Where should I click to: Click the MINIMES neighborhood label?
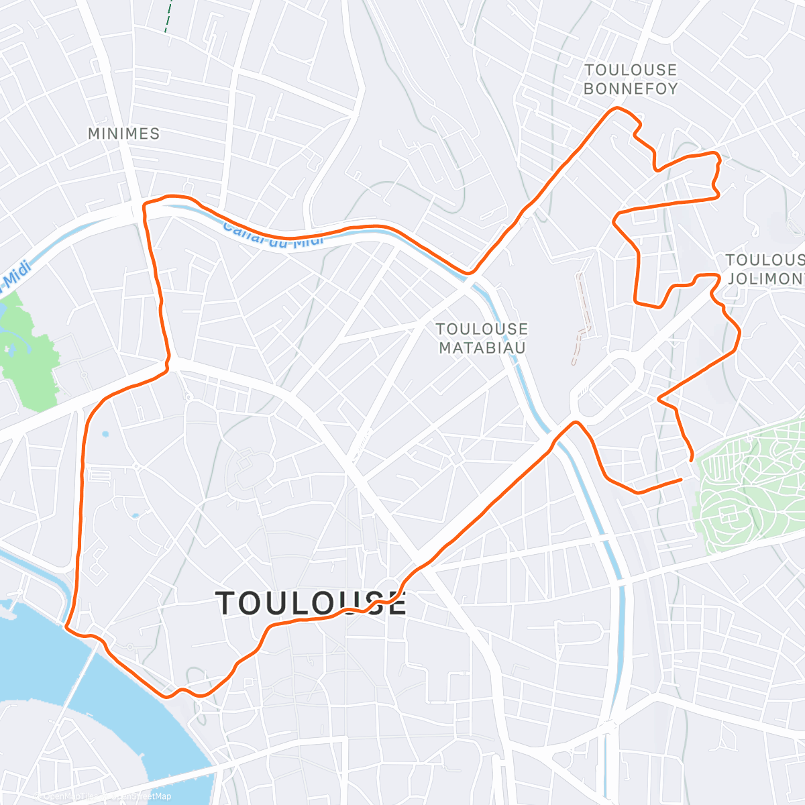124,133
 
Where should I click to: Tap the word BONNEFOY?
631,89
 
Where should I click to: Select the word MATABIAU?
482,347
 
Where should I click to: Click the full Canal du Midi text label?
272,235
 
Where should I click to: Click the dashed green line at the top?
168,17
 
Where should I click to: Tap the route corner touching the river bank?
66,627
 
